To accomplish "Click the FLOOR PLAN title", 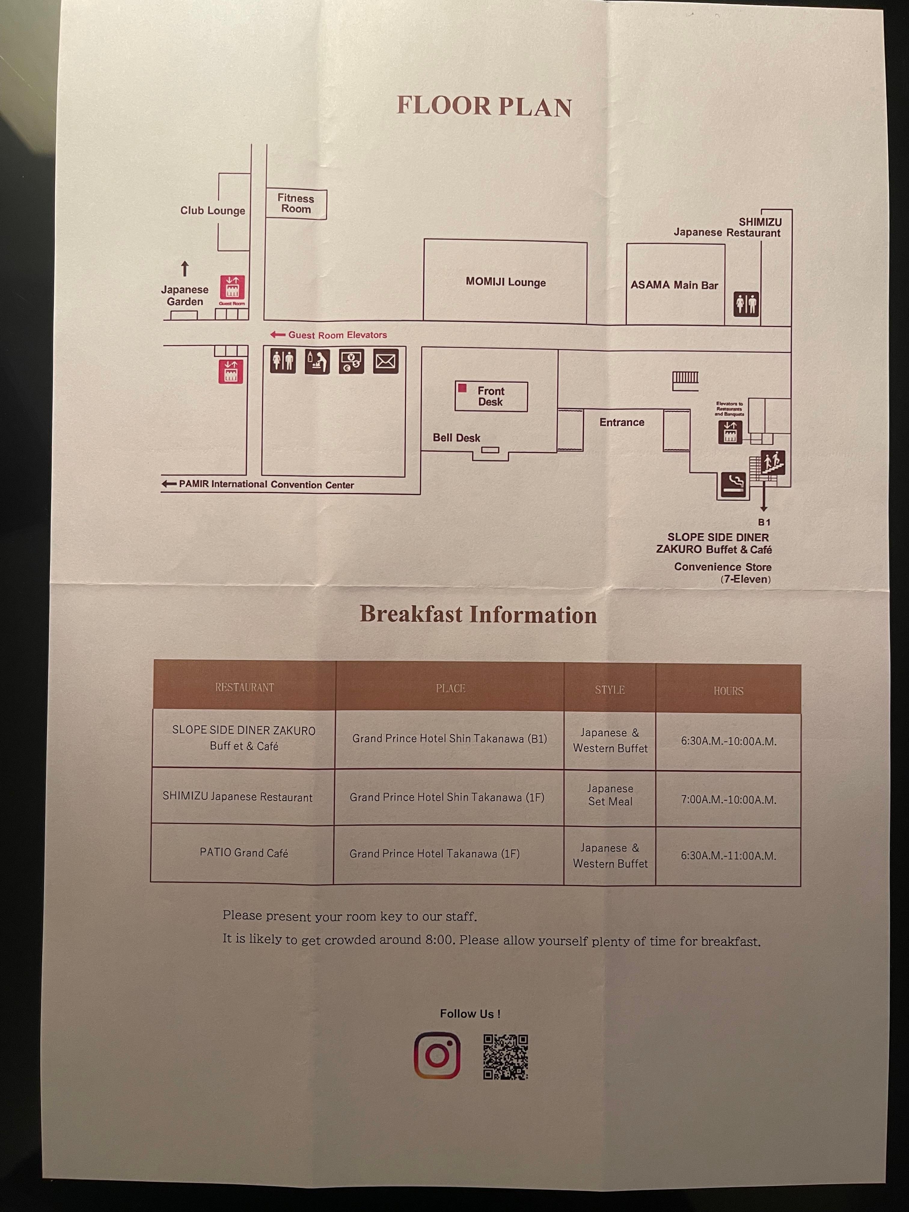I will pos(484,106).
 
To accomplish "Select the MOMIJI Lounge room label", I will pos(505,282).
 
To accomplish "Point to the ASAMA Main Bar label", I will pos(674,285).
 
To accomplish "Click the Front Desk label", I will pos(490,396).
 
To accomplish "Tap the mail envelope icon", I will pos(386,362).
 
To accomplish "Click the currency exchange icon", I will pos(351,362).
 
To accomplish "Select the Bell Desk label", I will pos(456,438).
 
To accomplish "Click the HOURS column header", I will pos(728,691).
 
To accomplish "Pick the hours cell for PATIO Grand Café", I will pos(728,856).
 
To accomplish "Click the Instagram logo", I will pos(437,1055).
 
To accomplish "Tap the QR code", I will pos(505,1057).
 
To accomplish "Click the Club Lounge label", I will pos(213,211).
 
